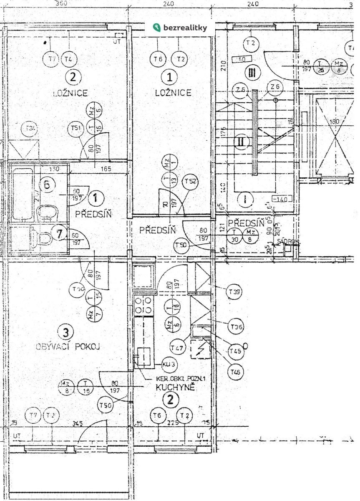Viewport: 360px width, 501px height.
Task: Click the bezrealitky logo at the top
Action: (180, 28)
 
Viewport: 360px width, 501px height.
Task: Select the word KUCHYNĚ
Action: (175, 387)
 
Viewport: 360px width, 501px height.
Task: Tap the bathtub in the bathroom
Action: (23, 195)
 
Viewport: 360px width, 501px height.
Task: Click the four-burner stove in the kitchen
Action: (143, 305)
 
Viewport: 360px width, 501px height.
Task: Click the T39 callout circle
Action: (234, 292)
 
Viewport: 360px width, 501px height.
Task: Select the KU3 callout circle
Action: (169, 364)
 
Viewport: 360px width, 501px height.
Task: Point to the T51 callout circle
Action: (76, 128)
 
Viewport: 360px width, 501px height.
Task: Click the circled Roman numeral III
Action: (252, 73)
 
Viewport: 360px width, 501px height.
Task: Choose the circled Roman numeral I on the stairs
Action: (246, 199)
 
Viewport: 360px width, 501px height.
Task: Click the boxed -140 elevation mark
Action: (281, 199)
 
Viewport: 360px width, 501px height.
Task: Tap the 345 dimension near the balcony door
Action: (78, 423)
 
